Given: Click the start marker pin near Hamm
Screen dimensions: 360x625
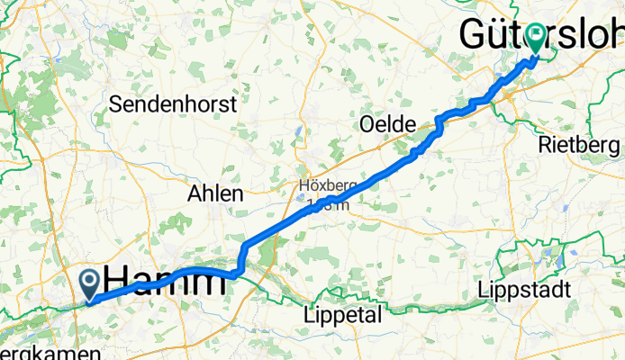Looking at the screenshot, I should [x=91, y=283].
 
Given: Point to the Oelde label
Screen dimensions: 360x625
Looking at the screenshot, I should [x=385, y=123].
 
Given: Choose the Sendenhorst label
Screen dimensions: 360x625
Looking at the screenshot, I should [x=173, y=103].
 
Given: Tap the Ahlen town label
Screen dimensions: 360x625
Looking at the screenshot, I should [x=215, y=193].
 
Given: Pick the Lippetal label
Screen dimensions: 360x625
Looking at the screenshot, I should [x=341, y=315].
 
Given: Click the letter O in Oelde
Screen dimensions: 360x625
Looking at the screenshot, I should [x=366, y=123].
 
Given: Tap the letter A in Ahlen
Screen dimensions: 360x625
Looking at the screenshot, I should [x=194, y=193].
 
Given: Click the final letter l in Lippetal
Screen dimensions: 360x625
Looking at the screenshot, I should [x=379, y=315].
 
